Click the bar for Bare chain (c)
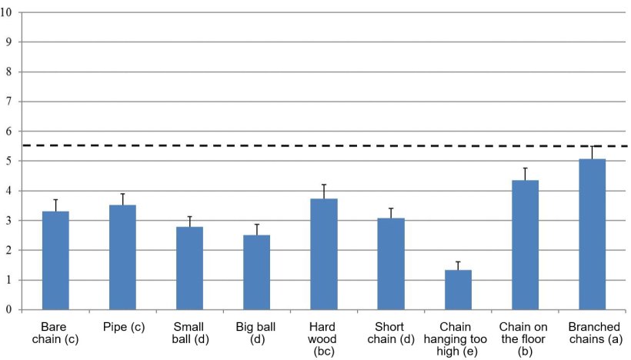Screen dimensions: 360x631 tap(55, 261)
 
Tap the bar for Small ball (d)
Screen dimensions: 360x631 tap(190, 268)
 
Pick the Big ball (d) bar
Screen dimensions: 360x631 tap(257, 272)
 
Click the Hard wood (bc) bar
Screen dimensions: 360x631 tap(324, 255)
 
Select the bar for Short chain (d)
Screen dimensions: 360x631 tap(391, 264)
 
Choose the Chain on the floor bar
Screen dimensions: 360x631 tap(525, 245)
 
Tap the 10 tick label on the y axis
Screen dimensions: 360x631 tap(7, 12)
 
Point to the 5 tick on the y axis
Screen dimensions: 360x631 tap(9, 162)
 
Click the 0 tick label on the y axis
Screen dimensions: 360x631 tap(9, 310)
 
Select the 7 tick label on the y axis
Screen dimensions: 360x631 tap(9, 102)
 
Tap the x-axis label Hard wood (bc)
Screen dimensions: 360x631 tap(324, 338)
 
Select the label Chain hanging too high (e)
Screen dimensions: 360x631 tap(458, 338)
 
